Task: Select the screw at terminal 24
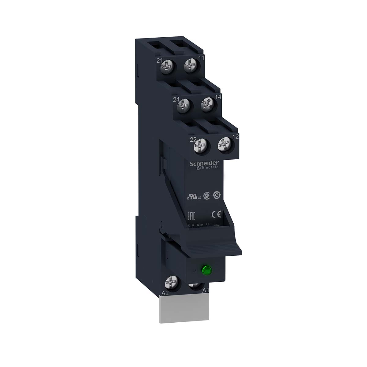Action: [183, 105]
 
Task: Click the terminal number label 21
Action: [159, 61]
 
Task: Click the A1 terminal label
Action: [206, 291]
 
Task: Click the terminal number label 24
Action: [176, 99]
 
